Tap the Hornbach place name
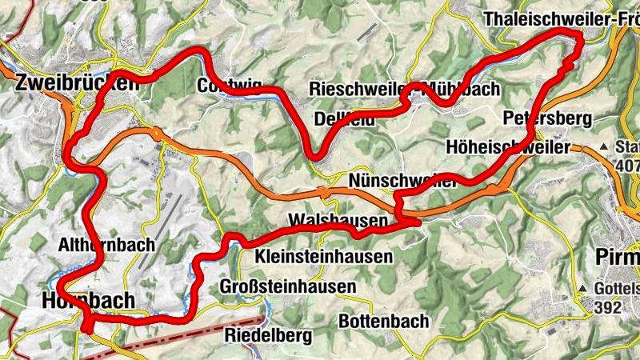(x=84, y=300)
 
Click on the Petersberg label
(x=547, y=119)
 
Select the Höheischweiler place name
(x=508, y=147)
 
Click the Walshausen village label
(x=338, y=220)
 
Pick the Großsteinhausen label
(x=287, y=287)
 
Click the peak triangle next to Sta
(x=604, y=148)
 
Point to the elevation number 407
(x=628, y=166)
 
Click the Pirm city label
(x=618, y=258)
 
